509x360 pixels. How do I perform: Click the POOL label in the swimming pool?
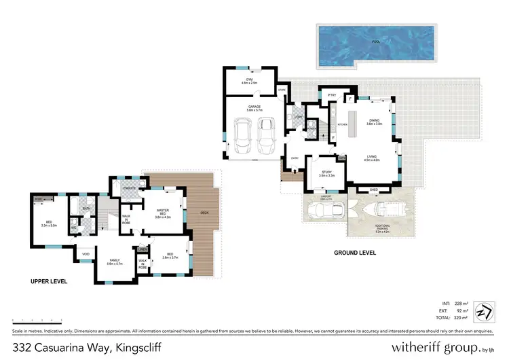pos(375,42)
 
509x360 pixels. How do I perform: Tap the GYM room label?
pos(248,81)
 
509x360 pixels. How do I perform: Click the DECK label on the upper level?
pos(204,213)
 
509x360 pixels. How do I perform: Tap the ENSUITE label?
pos(130,187)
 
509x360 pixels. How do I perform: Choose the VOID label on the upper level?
pos(86,255)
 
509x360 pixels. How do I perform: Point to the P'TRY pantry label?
pos(332,94)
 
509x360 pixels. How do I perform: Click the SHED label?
pos(373,190)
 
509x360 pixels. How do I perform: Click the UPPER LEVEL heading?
pos(48,281)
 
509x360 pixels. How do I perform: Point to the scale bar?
pos(37,319)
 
